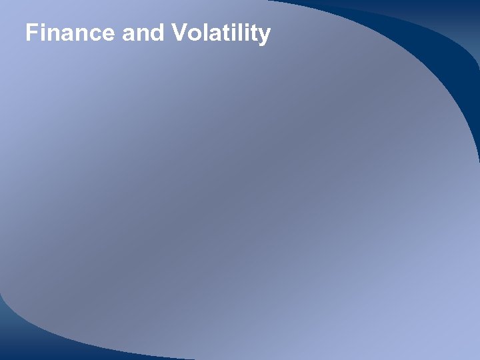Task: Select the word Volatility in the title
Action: click(x=221, y=34)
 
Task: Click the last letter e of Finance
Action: click(x=109, y=35)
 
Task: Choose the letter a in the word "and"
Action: click(x=129, y=35)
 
